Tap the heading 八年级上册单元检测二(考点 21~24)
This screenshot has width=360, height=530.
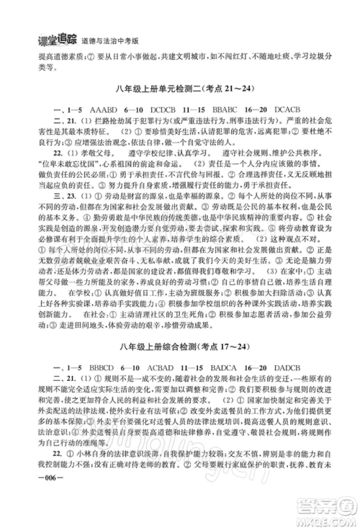pyautogui.click(x=179, y=88)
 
